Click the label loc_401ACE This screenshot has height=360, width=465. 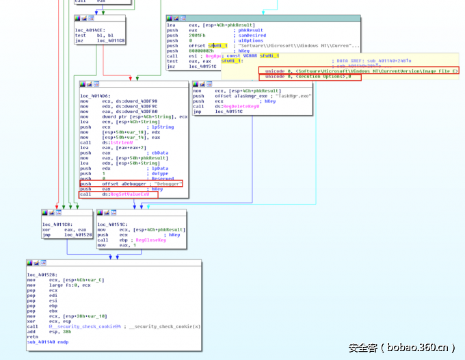pyautogui.click(x=90, y=30)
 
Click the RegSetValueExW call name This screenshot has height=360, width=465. pyautogui.click(x=131, y=195)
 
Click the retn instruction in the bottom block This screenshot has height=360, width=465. pyautogui.click(x=32, y=337)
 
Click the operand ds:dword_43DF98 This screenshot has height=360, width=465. pyautogui.click(x=135, y=101)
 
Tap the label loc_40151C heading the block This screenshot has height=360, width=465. pyautogui.click(x=111, y=224)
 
